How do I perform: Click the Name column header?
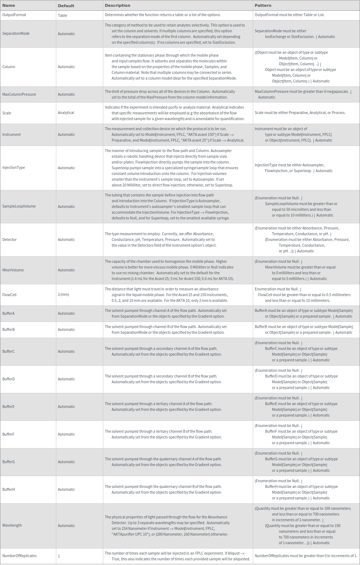[9, 5]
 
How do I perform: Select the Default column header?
[66, 6]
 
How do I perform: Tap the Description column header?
[117, 5]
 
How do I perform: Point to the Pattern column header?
[263, 5]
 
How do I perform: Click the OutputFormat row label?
[14, 15]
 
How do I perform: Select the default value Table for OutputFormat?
[62, 15]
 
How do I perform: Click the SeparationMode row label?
[16, 34]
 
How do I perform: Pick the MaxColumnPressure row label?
[19, 94]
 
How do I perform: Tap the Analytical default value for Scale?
[66, 113]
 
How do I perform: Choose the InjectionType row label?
[14, 168]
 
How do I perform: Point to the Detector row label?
[9, 239]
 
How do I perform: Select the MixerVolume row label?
[13, 270]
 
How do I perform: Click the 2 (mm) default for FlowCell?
[63, 295]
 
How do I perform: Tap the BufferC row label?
[9, 351]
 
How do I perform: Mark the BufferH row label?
[9, 489]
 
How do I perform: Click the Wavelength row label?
[12, 525]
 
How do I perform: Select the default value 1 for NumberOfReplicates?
[59, 556]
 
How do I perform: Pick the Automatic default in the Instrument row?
[66, 135]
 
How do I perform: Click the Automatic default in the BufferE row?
[66, 407]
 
